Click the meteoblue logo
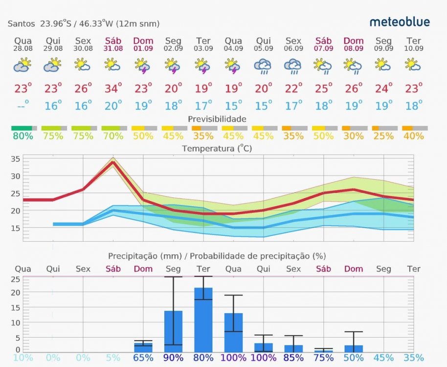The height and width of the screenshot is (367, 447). point(400,22)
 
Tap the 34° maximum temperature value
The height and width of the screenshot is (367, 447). point(113,89)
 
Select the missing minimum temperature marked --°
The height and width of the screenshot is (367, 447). point(22,105)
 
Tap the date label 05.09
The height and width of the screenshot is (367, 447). point(263,48)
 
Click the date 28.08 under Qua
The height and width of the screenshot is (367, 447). point(22,48)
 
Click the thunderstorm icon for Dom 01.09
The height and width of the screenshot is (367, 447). point(143,65)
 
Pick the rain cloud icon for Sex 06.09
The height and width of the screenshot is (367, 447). point(293,66)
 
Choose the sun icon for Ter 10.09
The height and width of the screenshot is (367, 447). point(414,65)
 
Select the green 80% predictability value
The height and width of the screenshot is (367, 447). point(22,136)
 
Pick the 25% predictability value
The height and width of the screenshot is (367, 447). point(384,136)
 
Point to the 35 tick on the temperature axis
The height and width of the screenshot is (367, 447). point(15,159)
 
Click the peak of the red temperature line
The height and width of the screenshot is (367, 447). point(113,161)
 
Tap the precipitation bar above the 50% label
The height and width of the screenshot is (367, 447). point(354,349)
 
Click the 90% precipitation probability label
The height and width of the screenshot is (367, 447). point(173,358)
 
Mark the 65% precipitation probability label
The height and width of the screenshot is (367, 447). point(143,358)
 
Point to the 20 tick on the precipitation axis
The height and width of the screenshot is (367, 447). point(16,293)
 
